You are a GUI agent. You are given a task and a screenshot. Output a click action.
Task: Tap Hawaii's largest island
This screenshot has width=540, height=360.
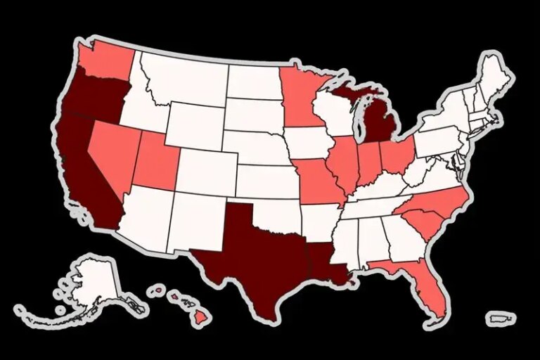202,319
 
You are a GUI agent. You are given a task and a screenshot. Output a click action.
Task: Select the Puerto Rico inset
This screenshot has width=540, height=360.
501,319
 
